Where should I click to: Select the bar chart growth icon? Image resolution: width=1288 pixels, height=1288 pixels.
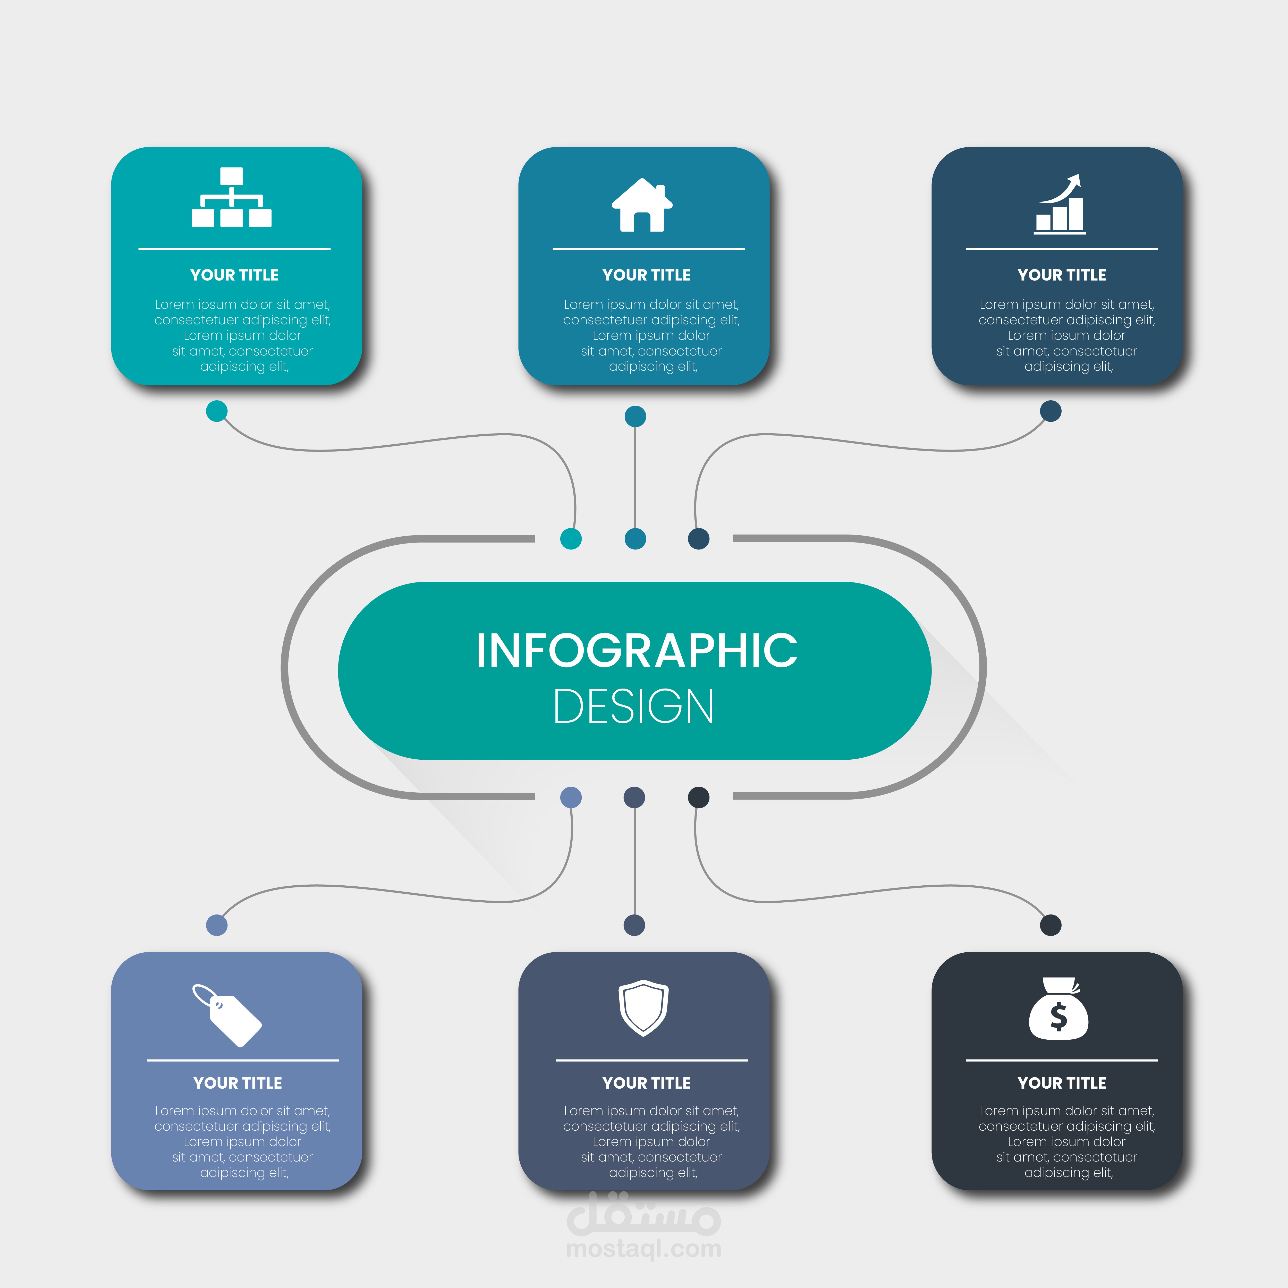point(1060,205)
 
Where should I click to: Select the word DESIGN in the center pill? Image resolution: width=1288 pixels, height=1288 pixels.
point(634,707)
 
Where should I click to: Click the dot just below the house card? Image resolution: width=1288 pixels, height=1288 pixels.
point(635,417)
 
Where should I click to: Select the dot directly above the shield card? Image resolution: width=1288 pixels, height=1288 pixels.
point(634,925)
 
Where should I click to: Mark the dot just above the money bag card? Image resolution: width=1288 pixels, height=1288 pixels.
point(1051,925)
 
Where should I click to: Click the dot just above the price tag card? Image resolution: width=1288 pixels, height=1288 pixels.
point(217,925)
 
